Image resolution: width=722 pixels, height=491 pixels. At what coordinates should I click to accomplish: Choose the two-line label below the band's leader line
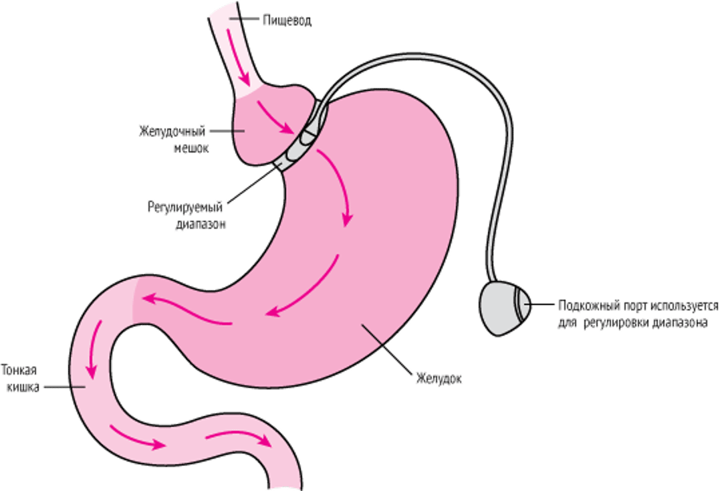(x=187, y=215)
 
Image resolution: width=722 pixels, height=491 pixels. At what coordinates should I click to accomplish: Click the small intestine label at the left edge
(x=20, y=378)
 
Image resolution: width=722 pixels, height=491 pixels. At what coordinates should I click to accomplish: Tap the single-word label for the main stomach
(x=439, y=379)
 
